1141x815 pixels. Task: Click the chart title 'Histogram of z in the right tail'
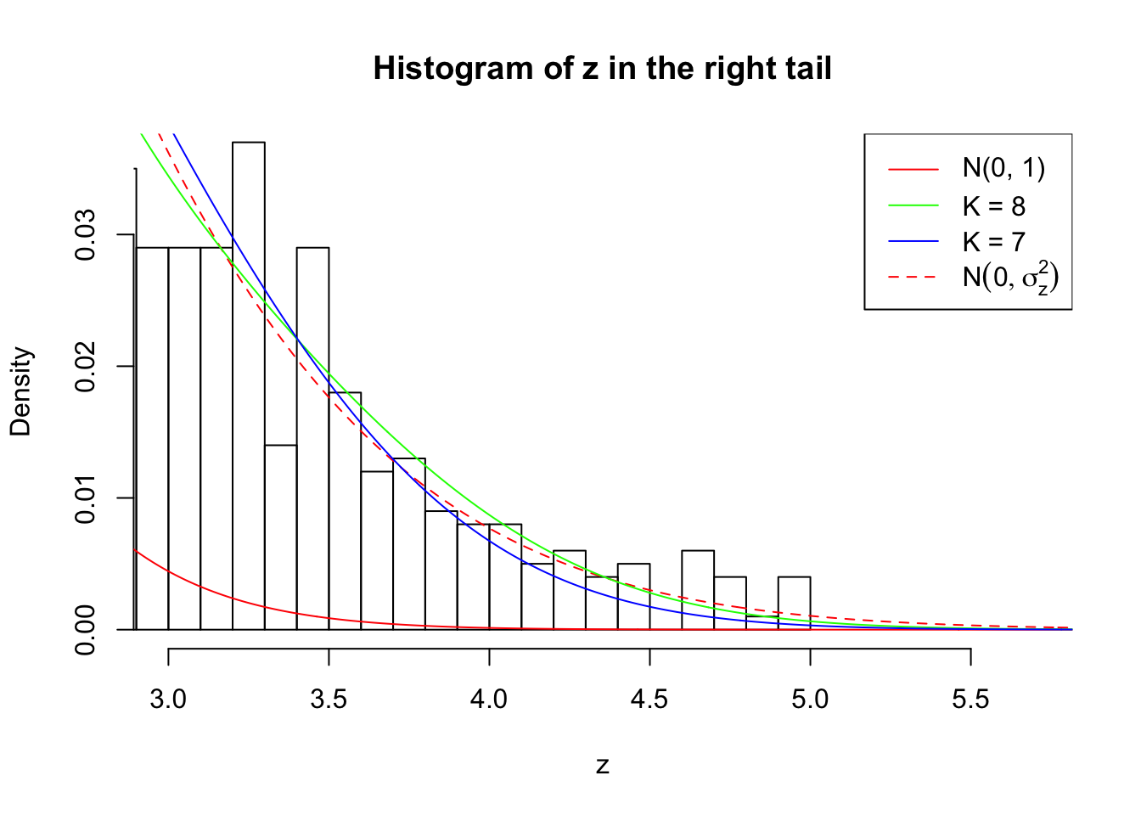coord(602,69)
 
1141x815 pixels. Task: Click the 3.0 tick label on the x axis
coord(168,700)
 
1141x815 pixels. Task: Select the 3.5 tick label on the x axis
coord(329,700)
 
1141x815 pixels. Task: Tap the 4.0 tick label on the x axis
coord(489,700)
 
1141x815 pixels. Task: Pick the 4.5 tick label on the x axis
coord(649,700)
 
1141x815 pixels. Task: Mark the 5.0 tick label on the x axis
coord(810,700)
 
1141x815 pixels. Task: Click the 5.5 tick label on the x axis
coord(970,700)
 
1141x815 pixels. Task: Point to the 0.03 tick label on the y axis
coord(86,234)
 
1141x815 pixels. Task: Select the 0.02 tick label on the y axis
coord(86,366)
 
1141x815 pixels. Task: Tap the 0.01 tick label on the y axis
coord(86,497)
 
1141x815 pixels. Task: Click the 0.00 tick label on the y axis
coord(86,629)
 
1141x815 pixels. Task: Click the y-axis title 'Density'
coord(20,391)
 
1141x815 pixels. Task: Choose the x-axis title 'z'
coord(602,766)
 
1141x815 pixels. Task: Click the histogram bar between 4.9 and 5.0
coord(794,604)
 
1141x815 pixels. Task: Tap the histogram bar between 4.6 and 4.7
coord(698,591)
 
